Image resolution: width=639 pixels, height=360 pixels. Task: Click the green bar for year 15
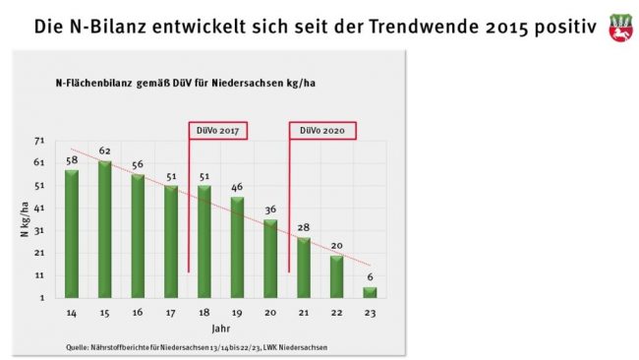pyautogui.click(x=105, y=228)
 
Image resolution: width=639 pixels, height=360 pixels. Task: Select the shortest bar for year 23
pyautogui.click(x=370, y=291)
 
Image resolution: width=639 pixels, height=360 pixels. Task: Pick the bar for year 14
pyautogui.click(x=72, y=233)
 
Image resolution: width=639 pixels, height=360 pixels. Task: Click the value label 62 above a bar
pyautogui.click(x=105, y=151)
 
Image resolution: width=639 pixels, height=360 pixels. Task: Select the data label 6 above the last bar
pyautogui.click(x=370, y=277)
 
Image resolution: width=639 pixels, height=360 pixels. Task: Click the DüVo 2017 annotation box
pyautogui.click(x=216, y=130)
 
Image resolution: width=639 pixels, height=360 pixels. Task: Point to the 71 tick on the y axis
pyautogui.click(x=38, y=142)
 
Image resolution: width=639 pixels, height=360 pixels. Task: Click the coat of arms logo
pyautogui.click(x=618, y=27)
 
